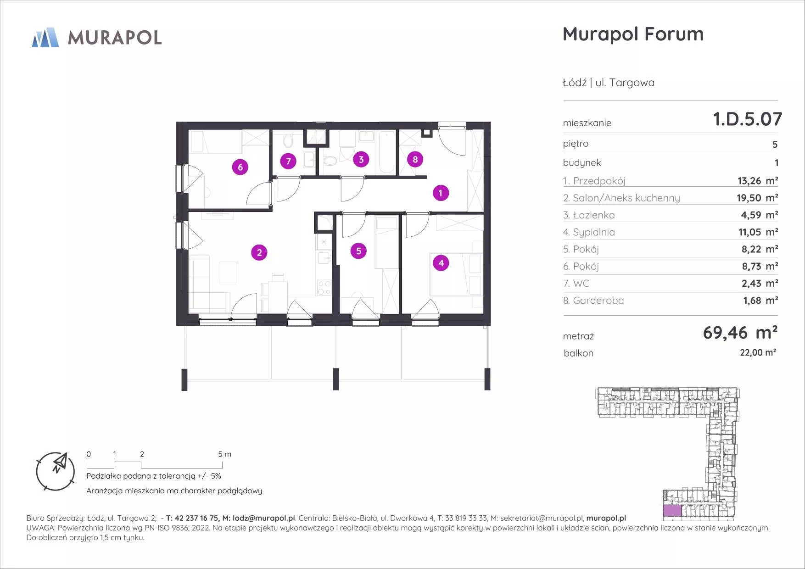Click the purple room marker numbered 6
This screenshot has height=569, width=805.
pos(240,167)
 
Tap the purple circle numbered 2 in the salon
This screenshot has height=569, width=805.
pos(259,252)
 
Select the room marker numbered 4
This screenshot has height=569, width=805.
pos(441,263)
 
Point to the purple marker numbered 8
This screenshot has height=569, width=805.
pos(415,159)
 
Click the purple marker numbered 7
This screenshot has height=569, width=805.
pos(288,161)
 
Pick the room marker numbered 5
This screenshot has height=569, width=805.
pos(358,251)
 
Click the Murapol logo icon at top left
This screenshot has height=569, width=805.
pos(45,37)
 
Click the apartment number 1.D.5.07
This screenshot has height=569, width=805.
pos(748,119)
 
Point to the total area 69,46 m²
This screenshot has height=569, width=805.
pos(740,332)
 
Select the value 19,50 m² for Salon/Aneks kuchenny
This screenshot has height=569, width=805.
pos(758,198)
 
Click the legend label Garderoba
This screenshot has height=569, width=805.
pos(598,301)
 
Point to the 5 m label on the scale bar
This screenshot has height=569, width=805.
pos(224,454)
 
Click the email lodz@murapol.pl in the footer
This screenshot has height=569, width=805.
pos(264,518)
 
